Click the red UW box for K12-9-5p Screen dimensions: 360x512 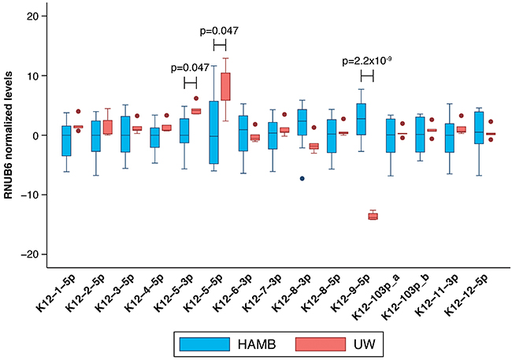point(373,216)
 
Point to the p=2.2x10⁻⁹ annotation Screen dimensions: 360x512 point(366,61)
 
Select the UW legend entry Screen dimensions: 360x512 point(321,343)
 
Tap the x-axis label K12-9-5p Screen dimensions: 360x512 point(348,295)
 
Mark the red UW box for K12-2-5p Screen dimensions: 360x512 point(107,128)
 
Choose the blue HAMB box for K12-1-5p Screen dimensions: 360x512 point(66,140)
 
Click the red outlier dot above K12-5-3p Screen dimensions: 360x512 point(195,98)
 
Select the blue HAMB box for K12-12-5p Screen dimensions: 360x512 point(478,127)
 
